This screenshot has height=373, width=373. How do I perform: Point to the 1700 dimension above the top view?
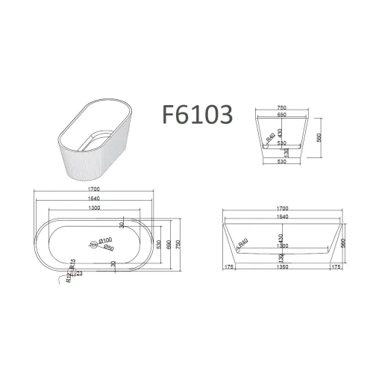pos(93,190)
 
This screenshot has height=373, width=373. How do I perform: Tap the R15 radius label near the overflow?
pos(72,265)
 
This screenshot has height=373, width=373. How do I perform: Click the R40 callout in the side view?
pos(243,245)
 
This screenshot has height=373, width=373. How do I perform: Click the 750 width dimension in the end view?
pos(282,107)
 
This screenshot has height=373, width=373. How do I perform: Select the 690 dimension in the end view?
pos(282,115)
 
